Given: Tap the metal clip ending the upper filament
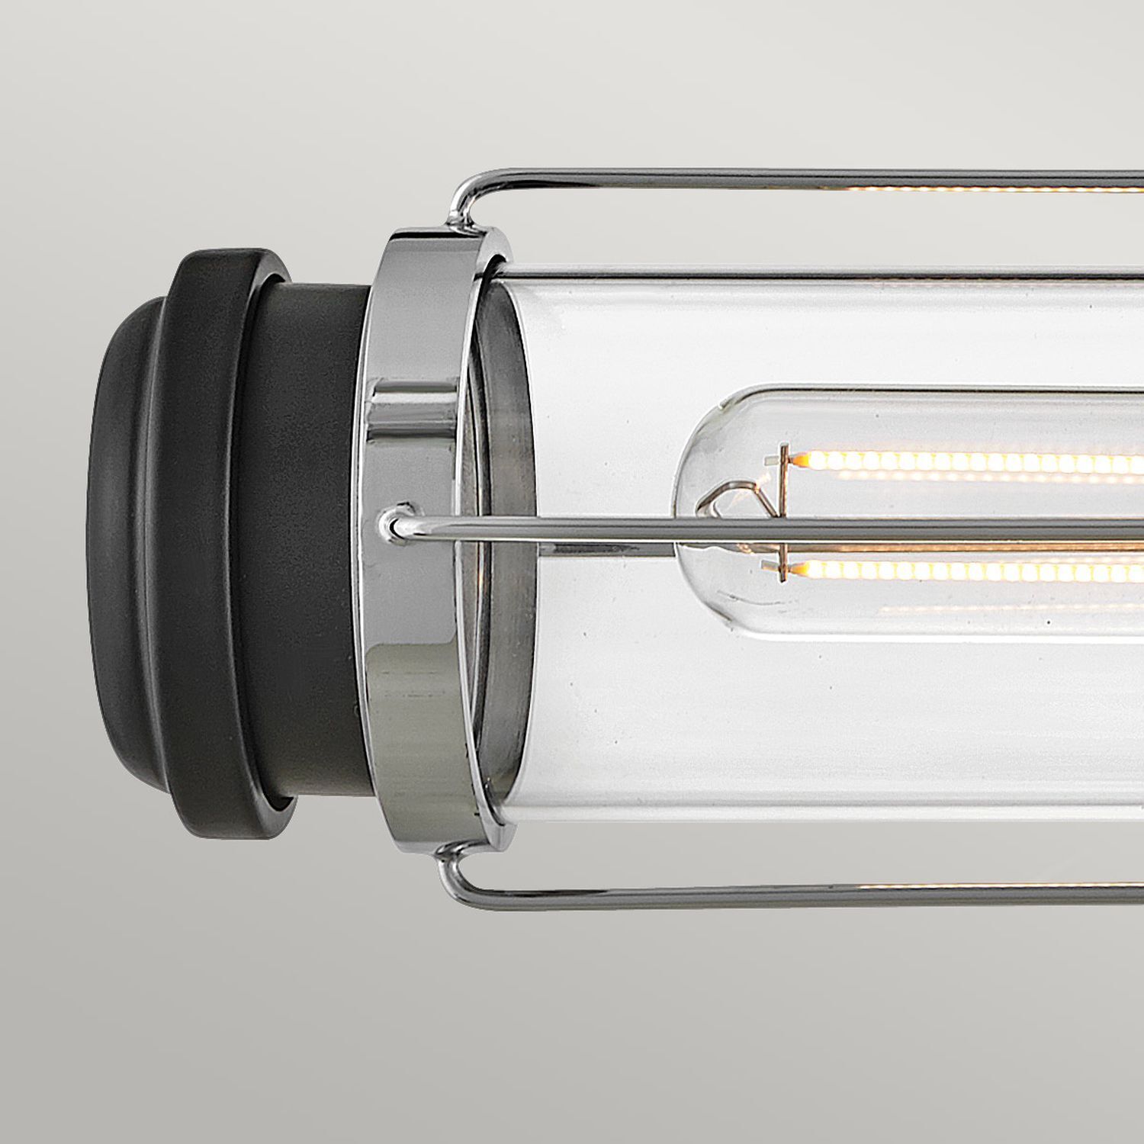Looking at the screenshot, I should (781, 461).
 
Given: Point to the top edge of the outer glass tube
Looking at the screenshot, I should (763, 272).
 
